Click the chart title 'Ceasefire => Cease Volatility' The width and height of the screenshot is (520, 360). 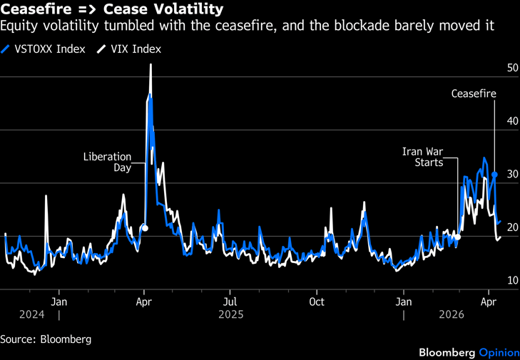(x=111, y=10)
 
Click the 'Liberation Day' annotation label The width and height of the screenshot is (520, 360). (x=108, y=162)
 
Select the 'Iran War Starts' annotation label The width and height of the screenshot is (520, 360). (x=422, y=157)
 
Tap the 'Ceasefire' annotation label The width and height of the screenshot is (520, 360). (x=474, y=93)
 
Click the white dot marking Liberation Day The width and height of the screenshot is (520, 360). (x=145, y=228)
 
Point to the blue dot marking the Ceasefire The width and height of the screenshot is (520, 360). (x=494, y=175)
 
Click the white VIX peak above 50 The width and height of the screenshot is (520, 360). (x=151, y=65)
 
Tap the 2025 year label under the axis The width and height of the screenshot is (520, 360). (x=231, y=314)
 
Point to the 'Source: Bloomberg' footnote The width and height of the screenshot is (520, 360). (x=46, y=339)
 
